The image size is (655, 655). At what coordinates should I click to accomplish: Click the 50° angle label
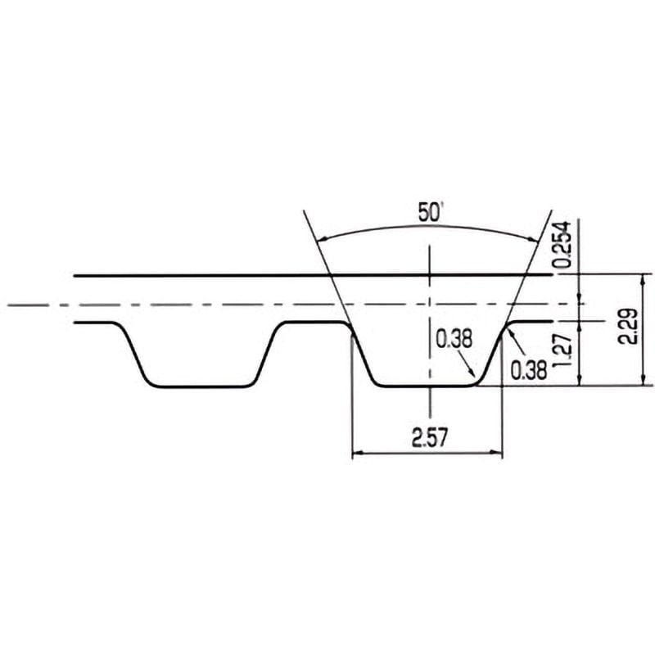tap(430, 212)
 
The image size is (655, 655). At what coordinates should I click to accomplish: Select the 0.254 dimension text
tap(562, 244)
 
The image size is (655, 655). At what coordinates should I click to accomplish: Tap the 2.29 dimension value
tap(628, 327)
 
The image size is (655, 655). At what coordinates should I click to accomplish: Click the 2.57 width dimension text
tap(430, 438)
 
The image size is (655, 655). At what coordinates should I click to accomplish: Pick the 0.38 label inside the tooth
tap(454, 339)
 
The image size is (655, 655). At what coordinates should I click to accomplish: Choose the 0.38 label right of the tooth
tap(528, 371)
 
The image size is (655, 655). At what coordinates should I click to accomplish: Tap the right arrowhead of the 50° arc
tap(535, 238)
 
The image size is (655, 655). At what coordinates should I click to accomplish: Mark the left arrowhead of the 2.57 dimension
tap(357, 453)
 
